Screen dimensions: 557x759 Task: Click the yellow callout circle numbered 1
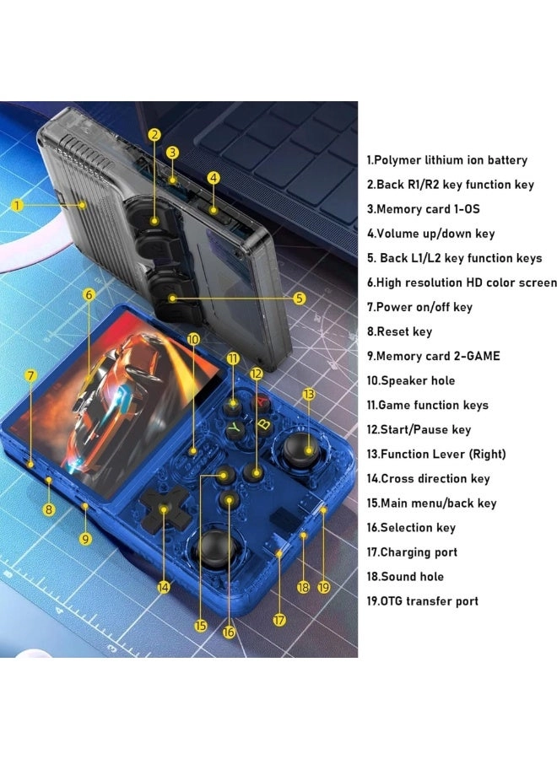[x=17, y=205]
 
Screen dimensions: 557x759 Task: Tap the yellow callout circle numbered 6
[x=89, y=294]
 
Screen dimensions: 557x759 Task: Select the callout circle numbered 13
[x=309, y=394]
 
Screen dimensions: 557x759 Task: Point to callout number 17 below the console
[x=279, y=620]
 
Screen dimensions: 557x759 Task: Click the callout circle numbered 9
[x=85, y=539]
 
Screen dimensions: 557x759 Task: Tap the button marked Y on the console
[x=235, y=428]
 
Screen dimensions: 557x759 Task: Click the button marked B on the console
[x=264, y=425]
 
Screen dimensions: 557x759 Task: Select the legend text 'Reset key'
[x=404, y=331]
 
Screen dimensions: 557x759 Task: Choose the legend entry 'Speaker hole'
[x=418, y=381]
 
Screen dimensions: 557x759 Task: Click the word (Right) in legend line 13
[x=487, y=454]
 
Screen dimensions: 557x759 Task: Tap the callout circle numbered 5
[x=300, y=299]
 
